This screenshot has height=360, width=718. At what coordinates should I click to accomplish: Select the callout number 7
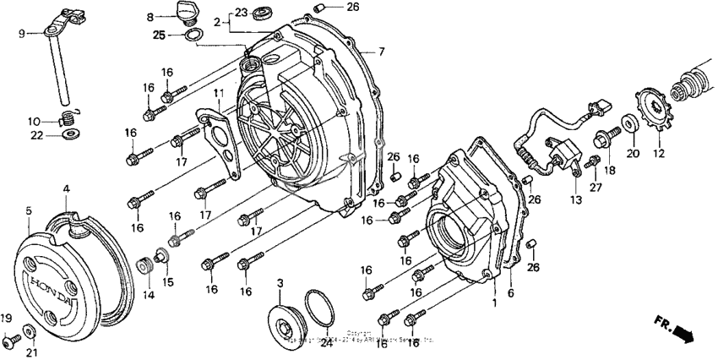click(x=381, y=52)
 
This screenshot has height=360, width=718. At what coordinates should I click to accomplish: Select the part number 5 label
click(x=29, y=210)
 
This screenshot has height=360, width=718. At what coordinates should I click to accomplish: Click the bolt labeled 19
click(x=9, y=341)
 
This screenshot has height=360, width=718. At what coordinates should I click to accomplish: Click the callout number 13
click(x=575, y=199)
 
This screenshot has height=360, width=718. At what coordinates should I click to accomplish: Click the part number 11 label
click(x=217, y=92)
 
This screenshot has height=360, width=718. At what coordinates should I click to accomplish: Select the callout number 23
click(x=242, y=13)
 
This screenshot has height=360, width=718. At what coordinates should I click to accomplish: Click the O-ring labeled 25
click(x=193, y=35)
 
